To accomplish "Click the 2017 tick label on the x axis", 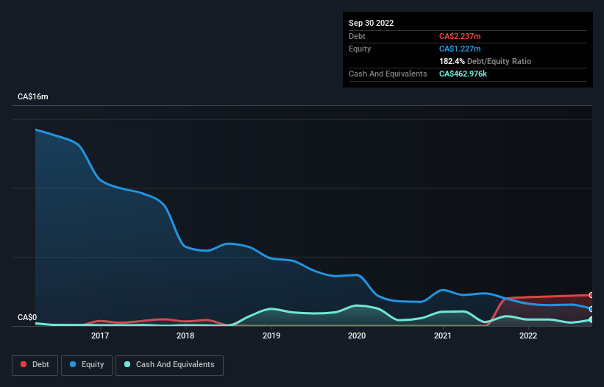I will coord(100,336).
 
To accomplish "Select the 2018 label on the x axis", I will coord(185,336).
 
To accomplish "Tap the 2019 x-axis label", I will coord(271,336).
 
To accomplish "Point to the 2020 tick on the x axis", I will coord(357,336).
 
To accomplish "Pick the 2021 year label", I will coord(442,336).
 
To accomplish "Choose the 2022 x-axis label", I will coord(528,336).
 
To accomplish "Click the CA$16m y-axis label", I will coord(33,97).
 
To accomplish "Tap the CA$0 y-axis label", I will coord(27,318).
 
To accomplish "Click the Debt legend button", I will coord(35,365).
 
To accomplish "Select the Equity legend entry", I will coord(87,365).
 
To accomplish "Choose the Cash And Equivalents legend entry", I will coord(169,365).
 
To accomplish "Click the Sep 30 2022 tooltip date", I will coord(372,23).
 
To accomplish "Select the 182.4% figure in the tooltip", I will coord(452,61).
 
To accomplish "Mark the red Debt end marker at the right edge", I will coord(591,295).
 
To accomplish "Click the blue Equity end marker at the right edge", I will coord(591,309).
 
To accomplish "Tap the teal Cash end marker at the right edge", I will coord(591,320).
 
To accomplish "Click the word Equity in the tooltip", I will coord(360,49).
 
